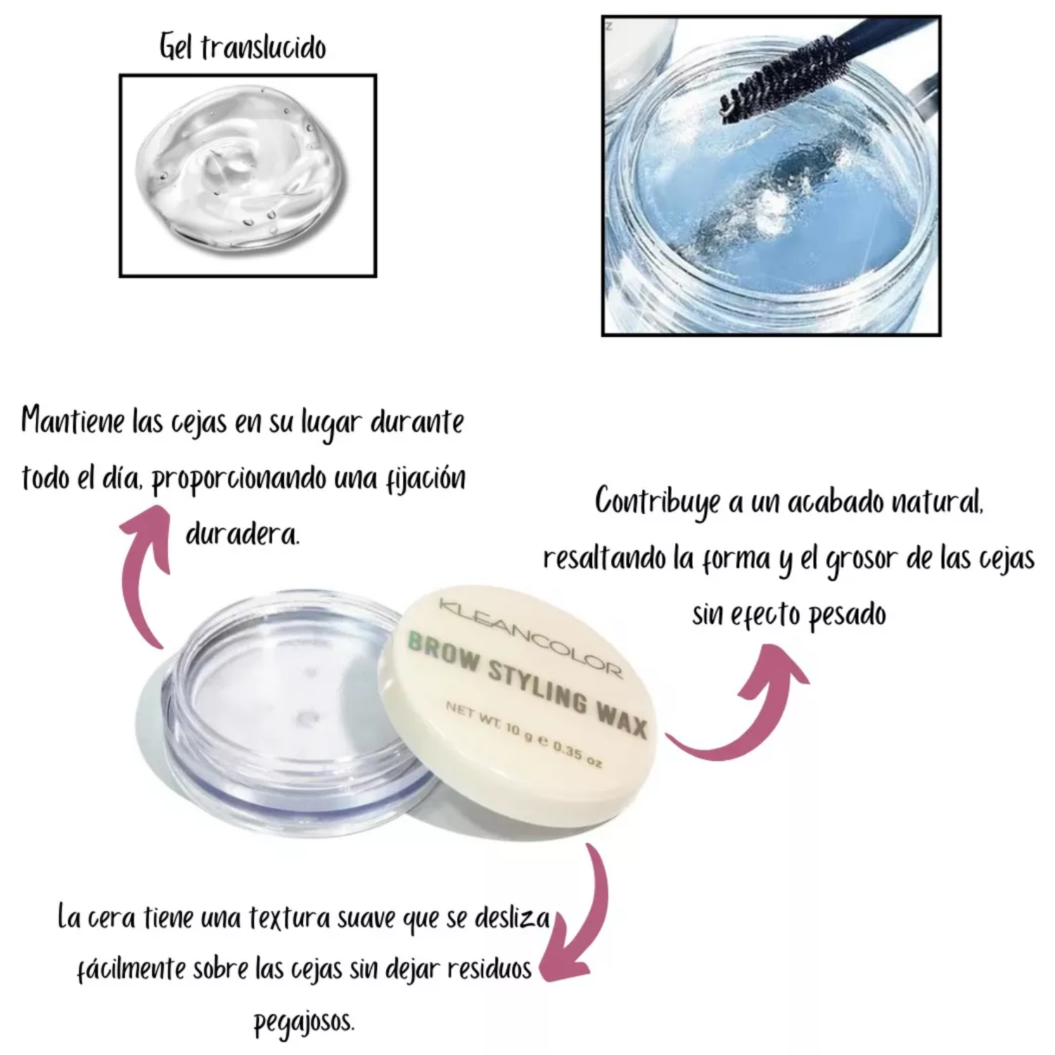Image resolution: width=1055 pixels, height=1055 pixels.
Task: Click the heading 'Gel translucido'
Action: pos(243,48)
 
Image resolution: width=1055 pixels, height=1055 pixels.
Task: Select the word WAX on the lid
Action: pos(621,717)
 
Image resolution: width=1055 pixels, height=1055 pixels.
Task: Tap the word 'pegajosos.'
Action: pos(304,1022)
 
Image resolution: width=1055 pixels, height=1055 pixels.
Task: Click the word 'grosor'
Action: pos(861,560)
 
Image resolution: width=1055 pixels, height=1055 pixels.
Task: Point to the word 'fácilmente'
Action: pos(131,970)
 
